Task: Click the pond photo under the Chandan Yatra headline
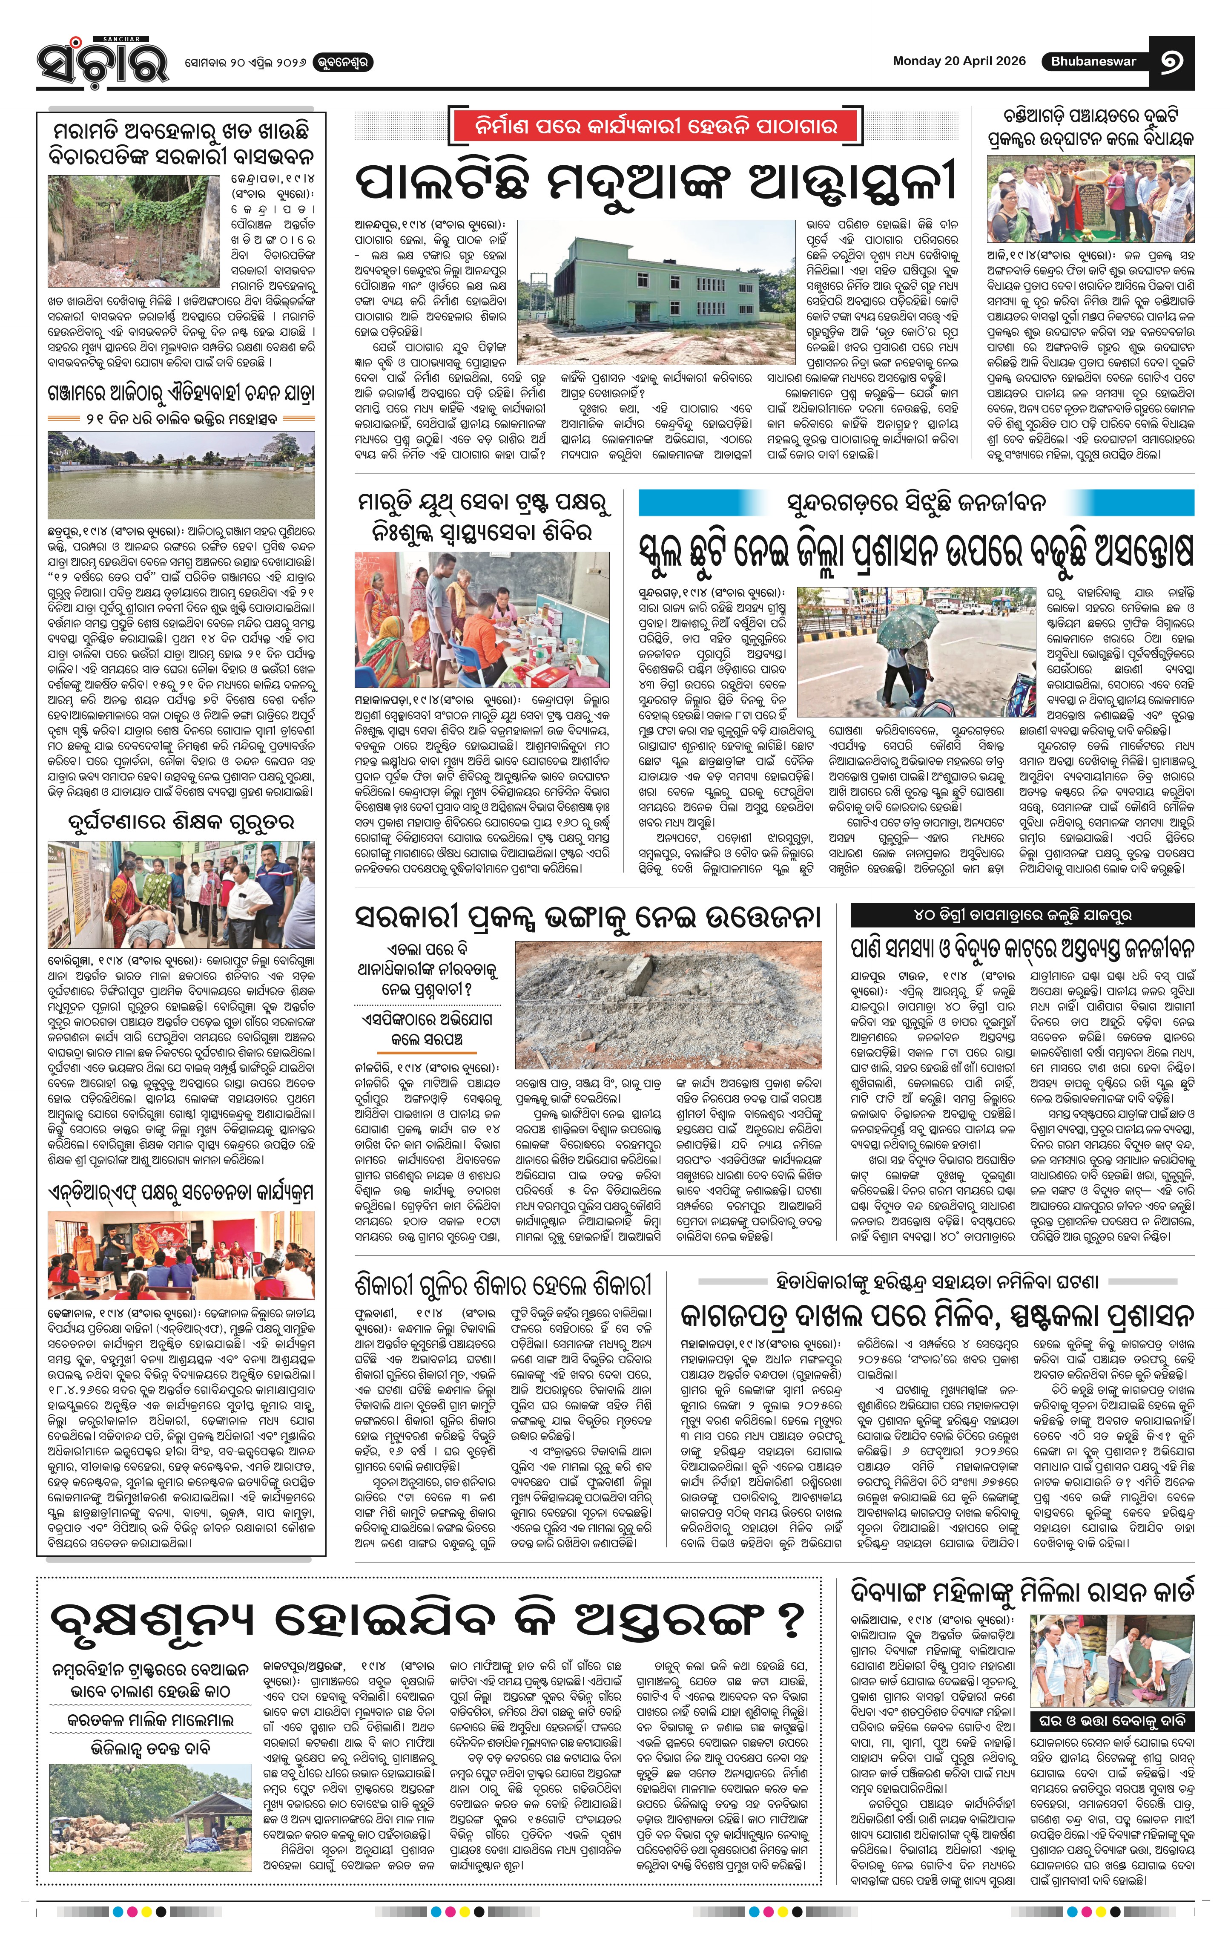click(181, 475)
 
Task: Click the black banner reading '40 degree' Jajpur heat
click(1022, 915)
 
